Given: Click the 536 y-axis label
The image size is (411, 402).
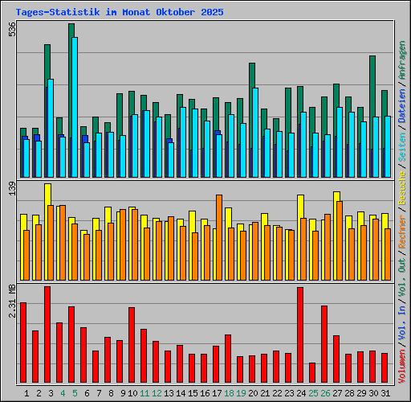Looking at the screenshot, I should pyautogui.click(x=11, y=30).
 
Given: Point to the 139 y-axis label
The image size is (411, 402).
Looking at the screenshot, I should pyautogui.click(x=11, y=189).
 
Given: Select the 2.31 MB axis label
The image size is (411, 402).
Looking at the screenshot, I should pyautogui.click(x=11, y=302).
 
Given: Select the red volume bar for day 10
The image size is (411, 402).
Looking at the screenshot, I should pyautogui.click(x=132, y=345).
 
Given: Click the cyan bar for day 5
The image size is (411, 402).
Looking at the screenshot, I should pyautogui.click(x=75, y=107).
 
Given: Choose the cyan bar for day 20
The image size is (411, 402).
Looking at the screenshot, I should pyautogui.click(x=255, y=132).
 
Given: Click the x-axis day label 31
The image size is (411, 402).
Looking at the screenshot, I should pyautogui.click(x=385, y=393).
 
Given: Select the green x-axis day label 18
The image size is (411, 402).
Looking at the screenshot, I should pyautogui.click(x=229, y=393).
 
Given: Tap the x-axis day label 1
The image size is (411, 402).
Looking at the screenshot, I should pyautogui.click(x=27, y=393).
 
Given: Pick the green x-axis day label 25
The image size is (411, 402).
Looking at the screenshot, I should pyautogui.click(x=313, y=393).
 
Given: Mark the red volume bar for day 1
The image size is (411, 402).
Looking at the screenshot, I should pyautogui.click(x=23, y=343).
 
